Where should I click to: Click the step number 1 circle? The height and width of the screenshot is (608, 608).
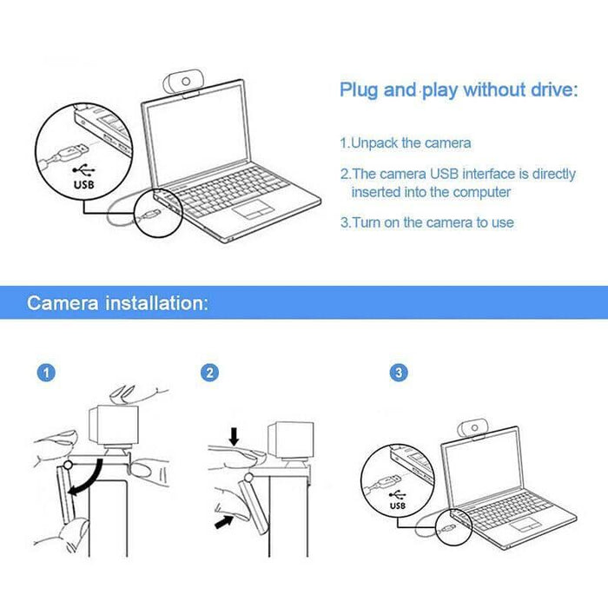click(47, 373)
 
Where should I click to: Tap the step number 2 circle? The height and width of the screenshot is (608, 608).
click(208, 373)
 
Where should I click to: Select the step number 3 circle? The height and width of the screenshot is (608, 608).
click(399, 373)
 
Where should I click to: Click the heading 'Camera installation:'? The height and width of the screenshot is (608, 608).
click(117, 303)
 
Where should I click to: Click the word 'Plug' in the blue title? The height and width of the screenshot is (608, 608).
click(357, 90)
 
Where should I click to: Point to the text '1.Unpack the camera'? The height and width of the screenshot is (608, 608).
click(406, 142)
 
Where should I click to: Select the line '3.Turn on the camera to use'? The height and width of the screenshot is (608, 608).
click(426, 222)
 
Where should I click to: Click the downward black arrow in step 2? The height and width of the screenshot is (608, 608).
click(233, 435)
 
